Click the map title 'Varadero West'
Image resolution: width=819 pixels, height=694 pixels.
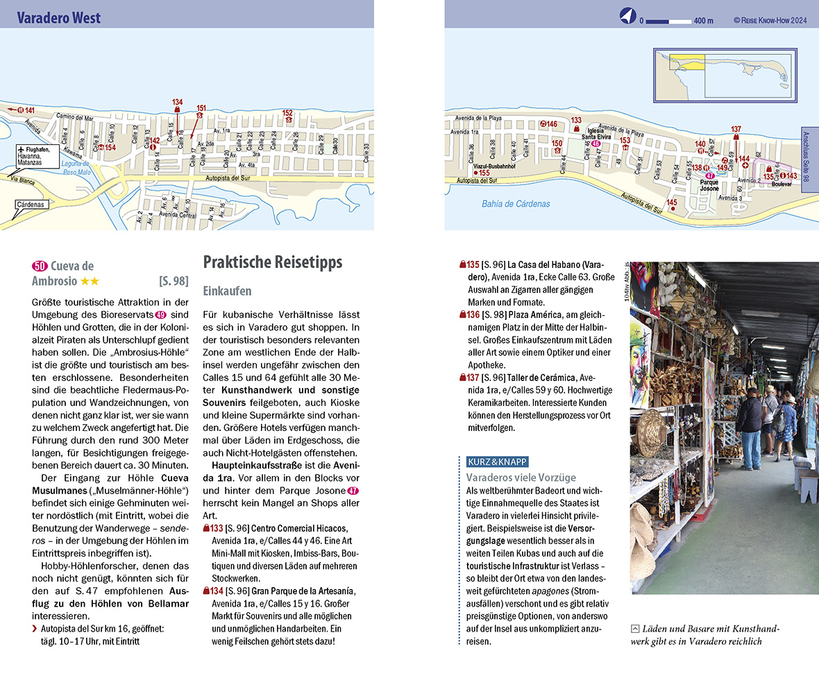pos(59,18)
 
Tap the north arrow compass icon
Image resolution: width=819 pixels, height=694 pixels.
pos(627,18)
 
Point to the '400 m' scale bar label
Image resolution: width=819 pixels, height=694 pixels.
pos(703,21)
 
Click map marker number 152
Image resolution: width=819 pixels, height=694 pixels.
pos(288,113)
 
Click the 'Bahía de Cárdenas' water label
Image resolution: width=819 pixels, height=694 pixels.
pos(516,204)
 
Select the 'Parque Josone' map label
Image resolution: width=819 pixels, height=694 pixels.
pos(709,185)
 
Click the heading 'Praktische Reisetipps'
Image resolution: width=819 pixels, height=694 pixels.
pos(272,262)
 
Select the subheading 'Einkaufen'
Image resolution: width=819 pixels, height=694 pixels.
pos(227,291)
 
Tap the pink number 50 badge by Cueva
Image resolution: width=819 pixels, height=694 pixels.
pos(40,266)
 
